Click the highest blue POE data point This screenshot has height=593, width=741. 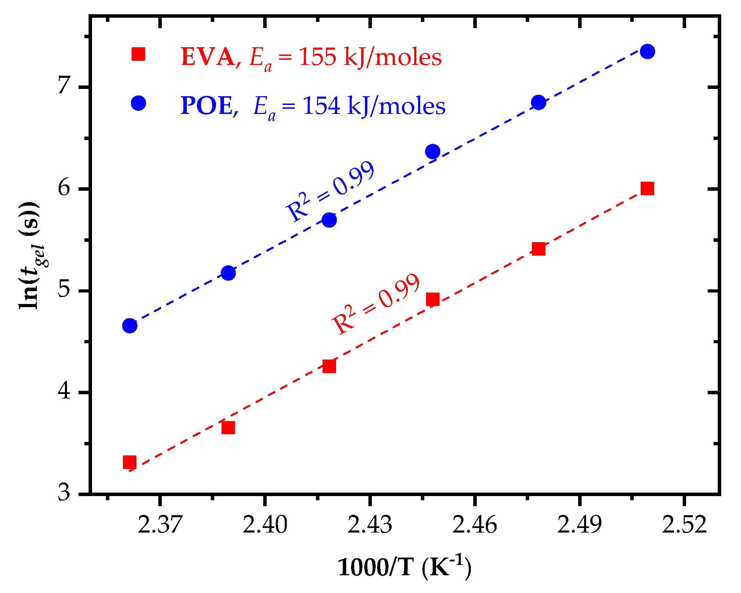click(647, 51)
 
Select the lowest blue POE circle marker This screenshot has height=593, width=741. click(130, 326)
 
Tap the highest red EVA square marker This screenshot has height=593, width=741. click(647, 188)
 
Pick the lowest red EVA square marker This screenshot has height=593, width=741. click(130, 462)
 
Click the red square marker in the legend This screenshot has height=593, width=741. click(138, 54)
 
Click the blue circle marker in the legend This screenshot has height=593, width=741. click(138, 103)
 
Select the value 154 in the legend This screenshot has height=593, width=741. click(321, 106)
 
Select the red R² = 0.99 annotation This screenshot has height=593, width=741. click(376, 304)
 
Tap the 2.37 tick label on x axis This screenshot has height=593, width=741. click(160, 525)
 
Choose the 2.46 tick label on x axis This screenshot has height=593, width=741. click(474, 525)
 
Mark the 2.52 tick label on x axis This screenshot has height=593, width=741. click(684, 525)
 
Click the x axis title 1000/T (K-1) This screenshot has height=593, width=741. click(405, 567)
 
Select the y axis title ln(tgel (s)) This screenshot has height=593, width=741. click(30, 255)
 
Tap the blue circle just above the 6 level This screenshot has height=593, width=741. click(432, 151)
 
